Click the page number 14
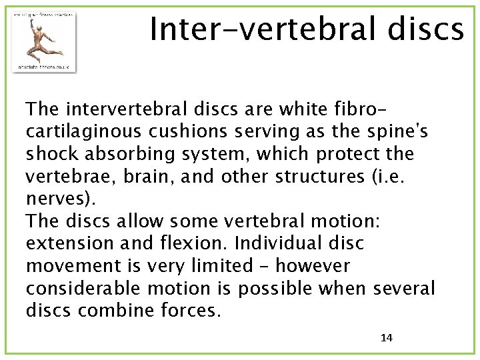(386, 337)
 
